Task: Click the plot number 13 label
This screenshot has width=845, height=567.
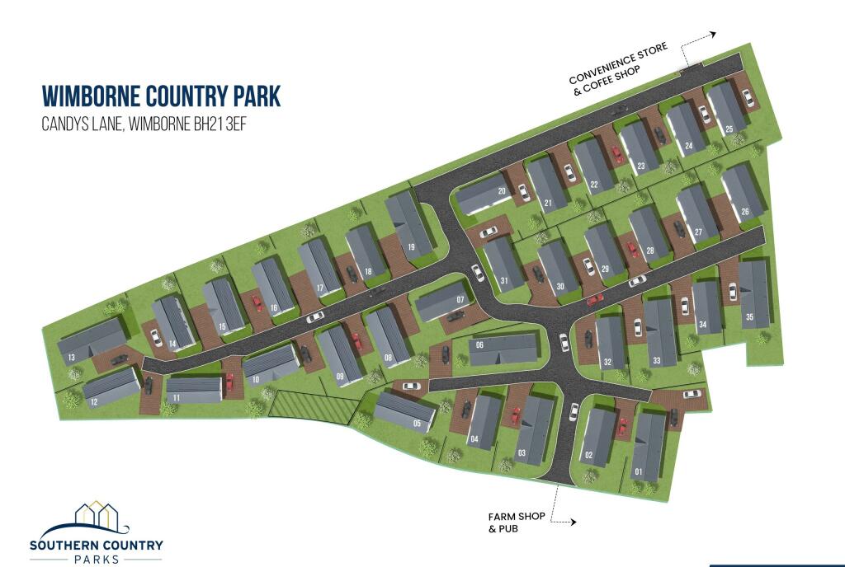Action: [x=73, y=357]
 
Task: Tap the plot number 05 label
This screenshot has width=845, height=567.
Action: [x=418, y=424]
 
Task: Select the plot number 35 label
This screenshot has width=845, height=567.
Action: [x=750, y=317]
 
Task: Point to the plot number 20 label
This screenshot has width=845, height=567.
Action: [x=501, y=191]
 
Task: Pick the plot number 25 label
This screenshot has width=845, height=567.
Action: [x=729, y=129]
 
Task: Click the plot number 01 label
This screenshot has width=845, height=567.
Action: [x=638, y=471]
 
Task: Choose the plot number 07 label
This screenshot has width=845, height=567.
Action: [x=460, y=298]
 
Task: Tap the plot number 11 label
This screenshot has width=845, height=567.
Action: [x=177, y=397]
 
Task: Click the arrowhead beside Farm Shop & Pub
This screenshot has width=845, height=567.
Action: [x=574, y=522]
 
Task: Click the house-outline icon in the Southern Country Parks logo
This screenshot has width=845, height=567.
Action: [x=97, y=515]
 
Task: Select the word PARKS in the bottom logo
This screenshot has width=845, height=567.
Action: [x=96, y=559]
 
